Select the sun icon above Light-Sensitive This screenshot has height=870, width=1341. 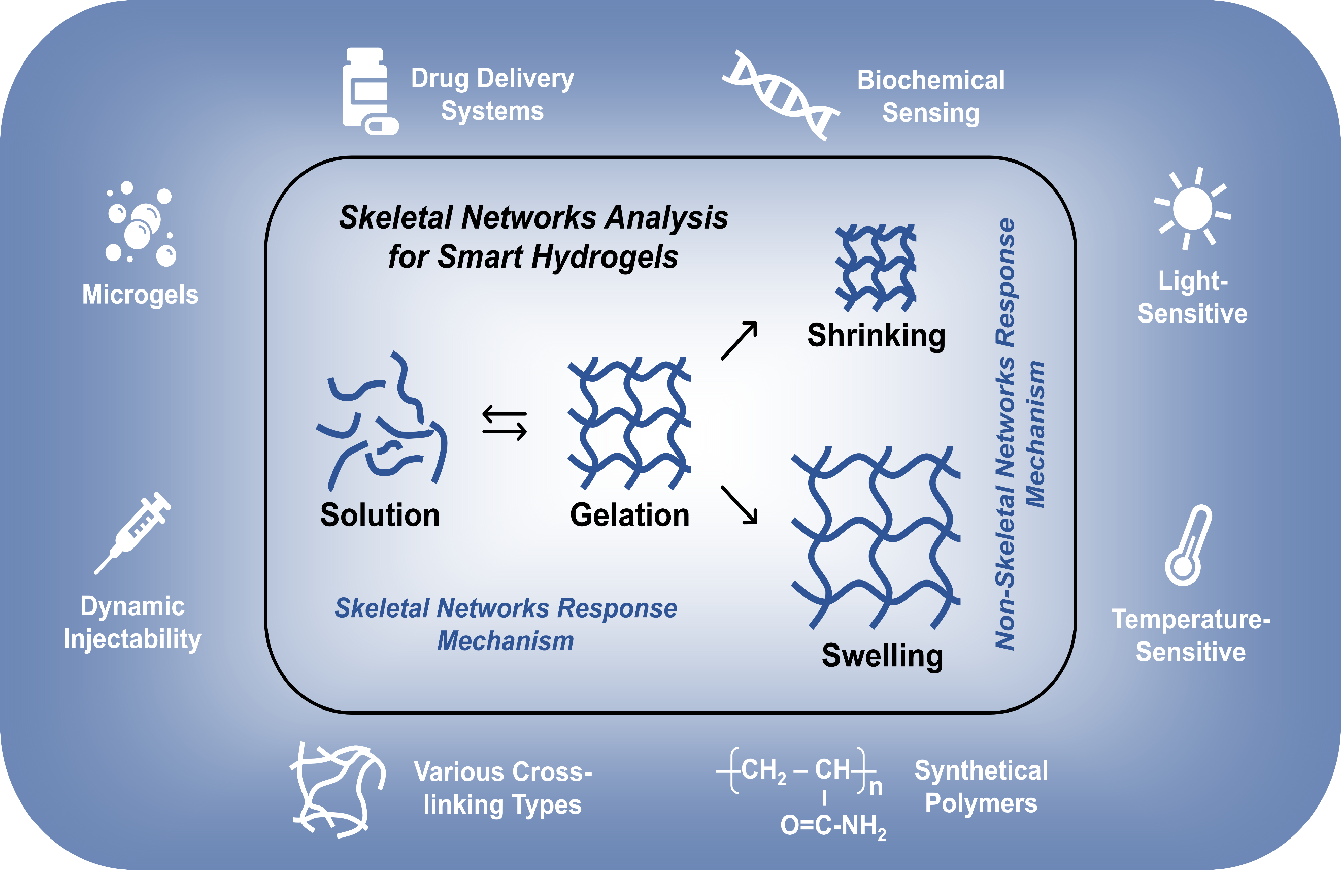(x=1192, y=209)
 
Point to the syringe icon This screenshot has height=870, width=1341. (x=133, y=533)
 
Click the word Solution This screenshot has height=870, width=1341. (x=380, y=515)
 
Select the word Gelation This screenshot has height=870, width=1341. (x=629, y=515)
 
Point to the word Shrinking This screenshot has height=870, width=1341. (x=876, y=337)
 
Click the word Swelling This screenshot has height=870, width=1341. (x=882, y=656)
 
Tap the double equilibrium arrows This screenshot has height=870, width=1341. (x=505, y=423)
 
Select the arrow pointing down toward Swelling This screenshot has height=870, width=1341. (x=739, y=505)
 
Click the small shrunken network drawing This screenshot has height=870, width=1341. (x=876, y=268)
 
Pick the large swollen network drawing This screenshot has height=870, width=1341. (x=876, y=537)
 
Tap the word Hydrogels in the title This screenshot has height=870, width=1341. (x=605, y=257)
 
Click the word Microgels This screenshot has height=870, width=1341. (x=140, y=295)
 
